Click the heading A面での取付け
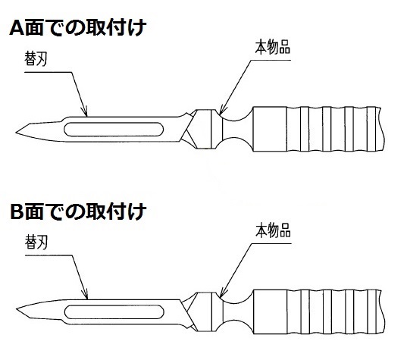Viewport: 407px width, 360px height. (x=77, y=27)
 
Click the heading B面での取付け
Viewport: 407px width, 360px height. (x=78, y=211)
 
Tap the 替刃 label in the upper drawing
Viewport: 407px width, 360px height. (x=36, y=58)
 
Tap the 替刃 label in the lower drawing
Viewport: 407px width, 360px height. (x=36, y=243)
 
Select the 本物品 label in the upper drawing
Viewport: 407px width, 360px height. (x=273, y=47)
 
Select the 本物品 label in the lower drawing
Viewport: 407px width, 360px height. (x=273, y=230)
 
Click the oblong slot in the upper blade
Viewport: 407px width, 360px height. (x=114, y=130)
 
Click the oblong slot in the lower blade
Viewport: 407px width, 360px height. (x=114, y=312)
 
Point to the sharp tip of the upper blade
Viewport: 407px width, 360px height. (x=16, y=133)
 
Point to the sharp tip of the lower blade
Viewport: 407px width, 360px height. (x=17, y=309)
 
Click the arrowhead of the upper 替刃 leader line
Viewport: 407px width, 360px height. (x=86, y=112)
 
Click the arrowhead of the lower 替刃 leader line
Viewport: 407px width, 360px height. (x=86, y=296)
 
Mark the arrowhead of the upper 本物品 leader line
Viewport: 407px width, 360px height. (x=221, y=111)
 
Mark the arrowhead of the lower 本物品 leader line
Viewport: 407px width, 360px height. (x=221, y=294)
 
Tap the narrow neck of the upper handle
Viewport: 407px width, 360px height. (x=237, y=130)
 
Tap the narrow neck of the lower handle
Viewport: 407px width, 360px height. (x=237, y=312)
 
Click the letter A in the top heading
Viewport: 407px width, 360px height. (x=17, y=28)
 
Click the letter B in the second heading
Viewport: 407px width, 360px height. (x=17, y=212)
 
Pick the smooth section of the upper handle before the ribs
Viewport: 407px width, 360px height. (x=270, y=129)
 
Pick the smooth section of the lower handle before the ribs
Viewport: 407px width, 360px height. (x=270, y=311)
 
